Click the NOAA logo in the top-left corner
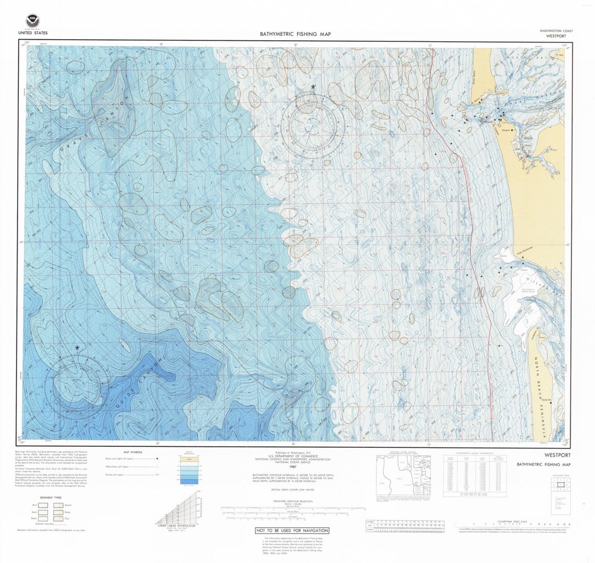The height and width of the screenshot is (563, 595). click(x=33, y=21)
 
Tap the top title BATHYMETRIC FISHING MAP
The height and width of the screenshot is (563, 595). click(x=295, y=34)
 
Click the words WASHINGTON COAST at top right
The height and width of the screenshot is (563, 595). click(x=556, y=31)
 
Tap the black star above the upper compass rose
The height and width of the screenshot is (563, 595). click(x=313, y=87)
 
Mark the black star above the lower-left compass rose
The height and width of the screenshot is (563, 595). click(x=77, y=348)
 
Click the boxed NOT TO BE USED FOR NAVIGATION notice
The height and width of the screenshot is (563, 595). click(x=292, y=530)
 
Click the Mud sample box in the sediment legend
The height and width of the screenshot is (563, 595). click(x=42, y=505)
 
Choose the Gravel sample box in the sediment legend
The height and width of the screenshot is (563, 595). click(x=58, y=505)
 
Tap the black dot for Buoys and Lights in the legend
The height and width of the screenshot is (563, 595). click(x=158, y=458)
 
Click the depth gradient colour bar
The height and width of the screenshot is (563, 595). click(x=188, y=470)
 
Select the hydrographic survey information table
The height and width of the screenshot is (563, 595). click(x=475, y=475)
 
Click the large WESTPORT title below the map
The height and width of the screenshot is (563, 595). click(x=557, y=456)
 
